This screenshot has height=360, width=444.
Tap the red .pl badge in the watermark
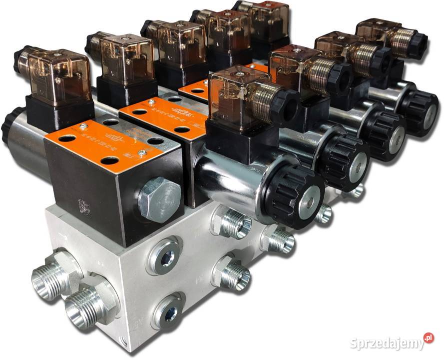point(428,338)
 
